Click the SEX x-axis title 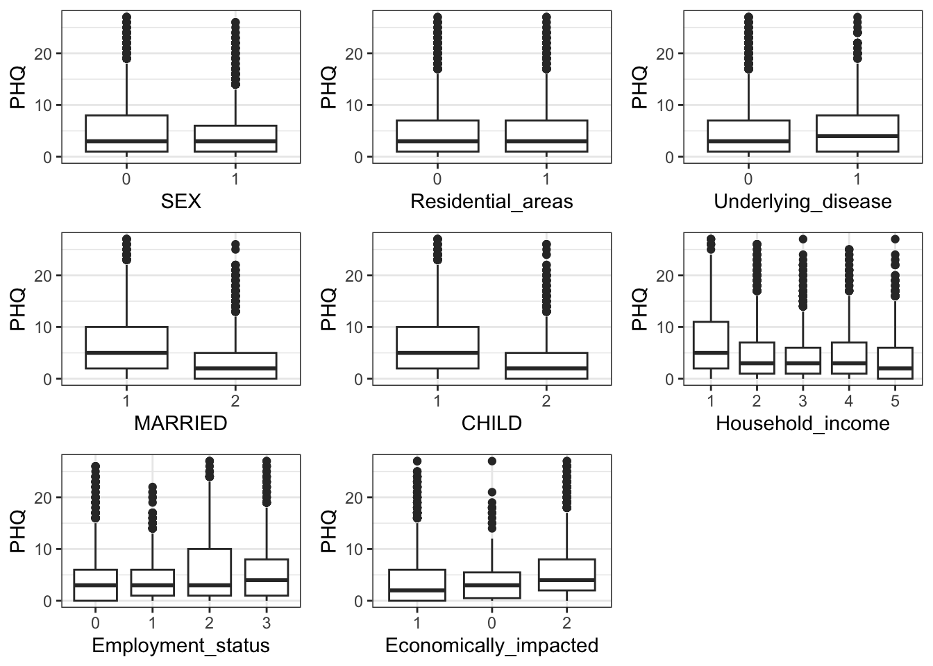click(180, 202)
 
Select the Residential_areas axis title click(491, 202)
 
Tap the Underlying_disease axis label click(802, 202)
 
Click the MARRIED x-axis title click(180, 423)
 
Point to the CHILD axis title click(491, 423)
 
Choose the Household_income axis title click(802, 423)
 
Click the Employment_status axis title click(180, 646)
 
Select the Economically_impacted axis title click(491, 646)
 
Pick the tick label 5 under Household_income click(895, 401)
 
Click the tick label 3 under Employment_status click(266, 623)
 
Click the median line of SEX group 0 click(126, 141)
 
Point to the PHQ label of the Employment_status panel click(18, 531)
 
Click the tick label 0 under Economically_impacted click(491, 623)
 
